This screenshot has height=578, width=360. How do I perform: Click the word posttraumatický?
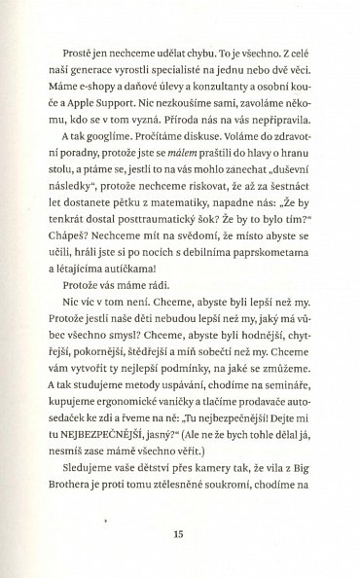point(148,233)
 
